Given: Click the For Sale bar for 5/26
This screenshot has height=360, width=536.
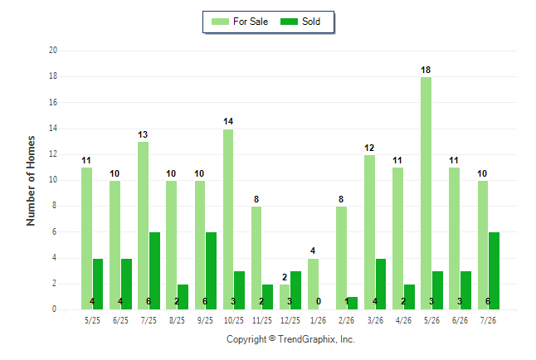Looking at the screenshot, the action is (426, 193).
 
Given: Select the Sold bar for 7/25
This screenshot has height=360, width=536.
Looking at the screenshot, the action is (154, 270).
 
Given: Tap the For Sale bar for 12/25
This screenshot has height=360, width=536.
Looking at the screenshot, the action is (285, 297).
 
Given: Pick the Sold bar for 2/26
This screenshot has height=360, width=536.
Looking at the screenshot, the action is (353, 304).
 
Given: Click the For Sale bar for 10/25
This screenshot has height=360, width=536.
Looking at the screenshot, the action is (228, 219).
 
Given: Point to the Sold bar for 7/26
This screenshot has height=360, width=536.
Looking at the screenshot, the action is (494, 270).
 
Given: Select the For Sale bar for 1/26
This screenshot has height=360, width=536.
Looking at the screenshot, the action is (313, 285).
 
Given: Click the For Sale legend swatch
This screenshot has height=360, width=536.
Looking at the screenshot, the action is (220, 22).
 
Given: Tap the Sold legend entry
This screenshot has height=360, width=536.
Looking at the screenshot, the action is (300, 22).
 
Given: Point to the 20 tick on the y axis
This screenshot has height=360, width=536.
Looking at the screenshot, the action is (53, 51).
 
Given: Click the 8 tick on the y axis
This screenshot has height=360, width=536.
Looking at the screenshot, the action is (54, 206).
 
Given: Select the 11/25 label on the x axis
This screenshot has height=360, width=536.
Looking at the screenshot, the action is (262, 320).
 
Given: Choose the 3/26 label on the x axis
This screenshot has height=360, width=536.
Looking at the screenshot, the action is (375, 320).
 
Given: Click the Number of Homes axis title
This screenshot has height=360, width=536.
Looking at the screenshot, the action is (31, 181).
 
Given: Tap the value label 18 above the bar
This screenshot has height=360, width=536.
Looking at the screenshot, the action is (426, 70).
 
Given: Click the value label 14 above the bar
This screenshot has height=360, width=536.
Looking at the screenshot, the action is (228, 121).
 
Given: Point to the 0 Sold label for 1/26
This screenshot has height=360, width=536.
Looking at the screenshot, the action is (319, 301).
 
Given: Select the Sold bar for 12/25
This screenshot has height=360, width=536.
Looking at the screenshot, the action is (295, 290).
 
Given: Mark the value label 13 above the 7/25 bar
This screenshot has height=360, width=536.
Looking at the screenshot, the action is (143, 134).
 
